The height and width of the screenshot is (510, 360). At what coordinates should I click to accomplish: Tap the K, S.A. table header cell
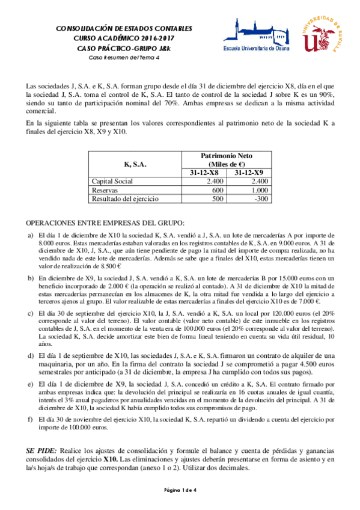click(135, 164)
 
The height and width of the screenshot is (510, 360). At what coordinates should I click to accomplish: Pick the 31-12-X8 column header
click(204, 173)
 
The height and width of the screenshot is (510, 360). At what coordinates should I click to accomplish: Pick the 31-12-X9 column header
click(249, 173)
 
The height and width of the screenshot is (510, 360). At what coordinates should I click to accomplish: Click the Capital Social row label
click(112, 181)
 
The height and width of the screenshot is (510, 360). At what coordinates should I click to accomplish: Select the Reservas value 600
click(217, 189)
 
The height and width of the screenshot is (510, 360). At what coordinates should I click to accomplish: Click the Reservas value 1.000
click(259, 189)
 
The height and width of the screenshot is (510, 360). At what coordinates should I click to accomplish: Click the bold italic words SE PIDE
click(42, 450)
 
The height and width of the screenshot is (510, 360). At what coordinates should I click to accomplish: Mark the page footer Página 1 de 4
click(180, 491)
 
